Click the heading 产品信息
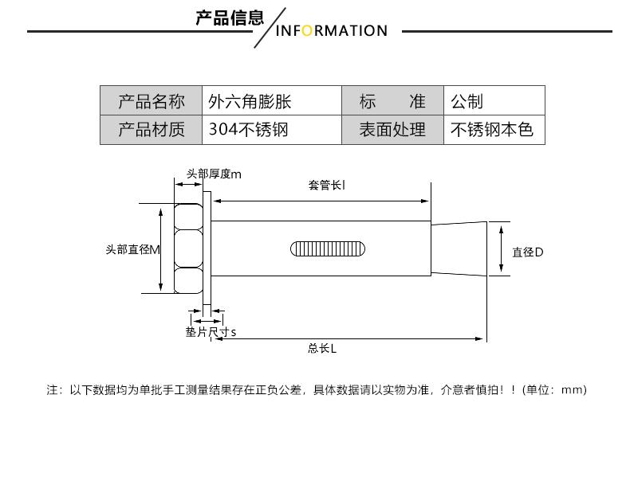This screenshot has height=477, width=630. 229,18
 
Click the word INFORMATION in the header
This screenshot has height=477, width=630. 331,31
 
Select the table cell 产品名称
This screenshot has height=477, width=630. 151,101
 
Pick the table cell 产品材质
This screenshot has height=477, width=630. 151,130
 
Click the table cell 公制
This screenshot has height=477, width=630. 467,101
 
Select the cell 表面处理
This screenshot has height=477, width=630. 392,130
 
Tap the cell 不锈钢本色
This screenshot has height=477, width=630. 491,130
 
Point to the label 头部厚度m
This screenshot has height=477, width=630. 214,174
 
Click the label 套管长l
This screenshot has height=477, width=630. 326,185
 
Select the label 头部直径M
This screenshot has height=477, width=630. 132,249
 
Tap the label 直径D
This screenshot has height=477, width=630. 527,252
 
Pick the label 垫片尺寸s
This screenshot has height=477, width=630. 211,331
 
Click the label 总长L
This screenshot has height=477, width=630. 322,348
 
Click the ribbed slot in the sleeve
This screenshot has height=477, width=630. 328,248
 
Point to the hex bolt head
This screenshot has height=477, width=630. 188,248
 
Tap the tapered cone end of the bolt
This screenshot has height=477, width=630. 458,248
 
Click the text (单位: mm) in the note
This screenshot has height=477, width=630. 554,389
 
